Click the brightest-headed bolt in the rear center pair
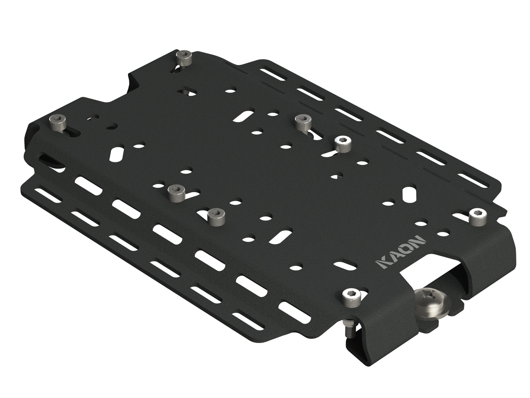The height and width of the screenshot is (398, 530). pyautogui.click(x=342, y=144)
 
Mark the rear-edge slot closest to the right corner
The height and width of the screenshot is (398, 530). pyautogui.click(x=471, y=179)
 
